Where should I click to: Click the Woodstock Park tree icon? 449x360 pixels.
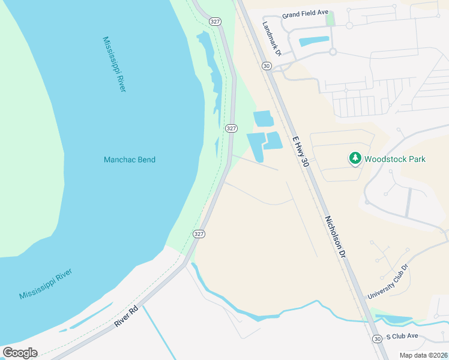click(355, 158)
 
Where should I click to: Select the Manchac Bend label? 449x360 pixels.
click(130, 160)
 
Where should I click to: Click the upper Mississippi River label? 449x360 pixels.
click(113, 64)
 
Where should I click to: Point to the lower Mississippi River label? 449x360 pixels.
click(46, 284)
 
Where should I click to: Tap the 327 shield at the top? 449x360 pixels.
click(214, 21)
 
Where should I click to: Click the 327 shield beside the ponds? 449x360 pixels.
click(231, 128)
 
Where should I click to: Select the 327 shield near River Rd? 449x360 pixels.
click(199, 233)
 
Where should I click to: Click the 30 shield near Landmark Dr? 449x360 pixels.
click(266, 65)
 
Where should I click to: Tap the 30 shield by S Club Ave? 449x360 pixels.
click(376, 338)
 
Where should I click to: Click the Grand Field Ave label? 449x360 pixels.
click(306, 12)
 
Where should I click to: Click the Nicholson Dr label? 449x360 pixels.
click(336, 237)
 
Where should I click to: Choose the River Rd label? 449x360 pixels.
click(126, 316)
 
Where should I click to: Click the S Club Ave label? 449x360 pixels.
click(402, 337)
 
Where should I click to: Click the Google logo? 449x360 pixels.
click(20, 352)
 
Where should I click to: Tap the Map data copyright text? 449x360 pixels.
click(423, 355)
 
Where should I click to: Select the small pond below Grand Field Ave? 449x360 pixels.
click(314, 42)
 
